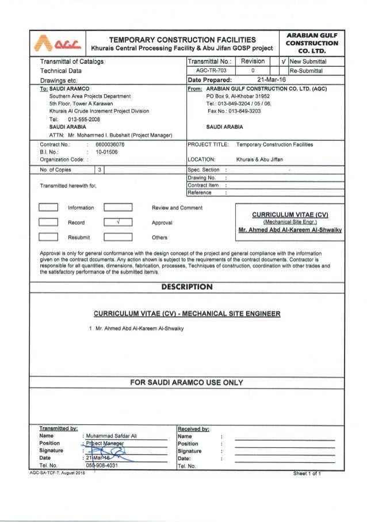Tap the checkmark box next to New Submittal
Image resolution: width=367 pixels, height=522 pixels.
tap(281, 61)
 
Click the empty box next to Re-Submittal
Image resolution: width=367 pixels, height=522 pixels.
tap(281, 71)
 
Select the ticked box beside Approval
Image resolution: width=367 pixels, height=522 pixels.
tap(118, 222)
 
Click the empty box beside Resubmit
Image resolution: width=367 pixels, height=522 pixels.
tap(48, 237)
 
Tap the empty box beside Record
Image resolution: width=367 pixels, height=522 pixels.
tap(48, 222)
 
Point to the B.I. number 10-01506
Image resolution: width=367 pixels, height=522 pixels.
tap(108, 153)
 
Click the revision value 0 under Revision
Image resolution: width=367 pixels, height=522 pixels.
tap(253, 71)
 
